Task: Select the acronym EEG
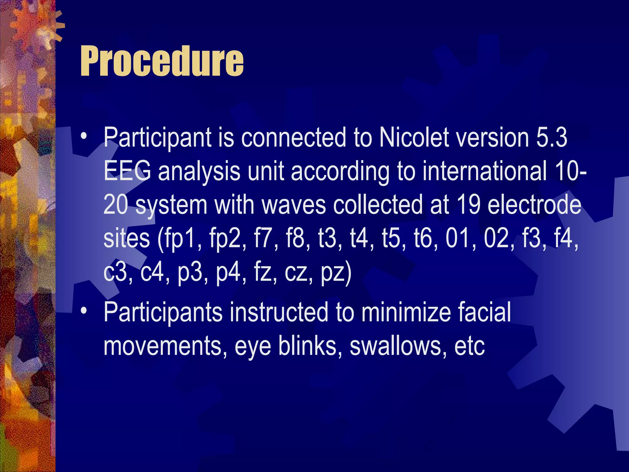[127, 171]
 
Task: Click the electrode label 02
[498, 238]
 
